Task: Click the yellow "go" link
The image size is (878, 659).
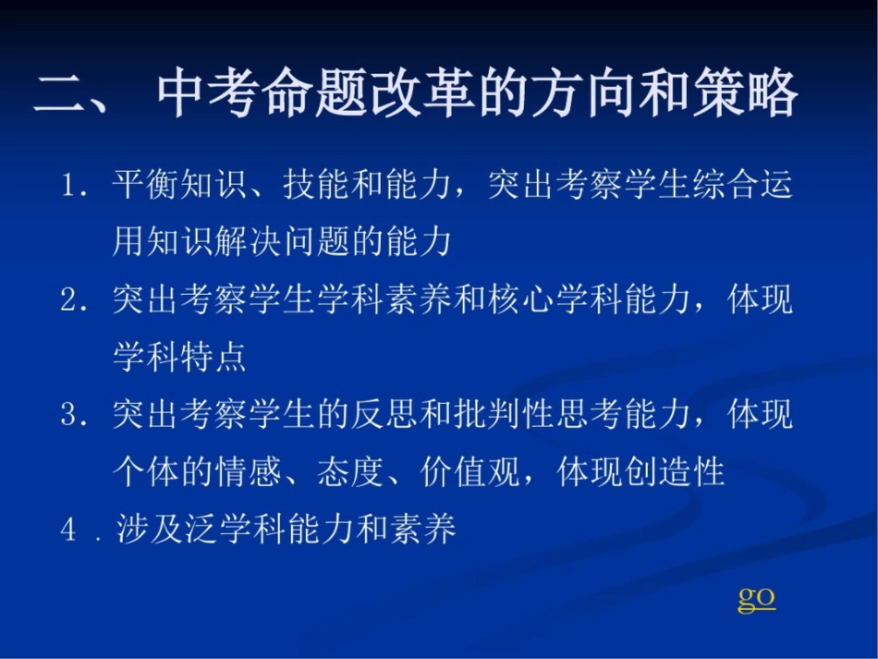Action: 757,600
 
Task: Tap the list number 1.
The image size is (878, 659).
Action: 69,185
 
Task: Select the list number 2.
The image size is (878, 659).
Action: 69,299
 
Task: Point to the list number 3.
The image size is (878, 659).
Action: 69,415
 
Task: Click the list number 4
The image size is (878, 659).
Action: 68,530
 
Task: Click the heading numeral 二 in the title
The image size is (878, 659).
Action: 59,93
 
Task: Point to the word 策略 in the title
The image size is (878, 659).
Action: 745,92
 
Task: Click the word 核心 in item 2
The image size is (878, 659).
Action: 520,299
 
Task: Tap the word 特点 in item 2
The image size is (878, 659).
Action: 213,357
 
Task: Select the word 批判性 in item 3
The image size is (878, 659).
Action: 504,415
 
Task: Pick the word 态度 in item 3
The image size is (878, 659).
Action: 350,472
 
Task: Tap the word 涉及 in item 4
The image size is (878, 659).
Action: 150,530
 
